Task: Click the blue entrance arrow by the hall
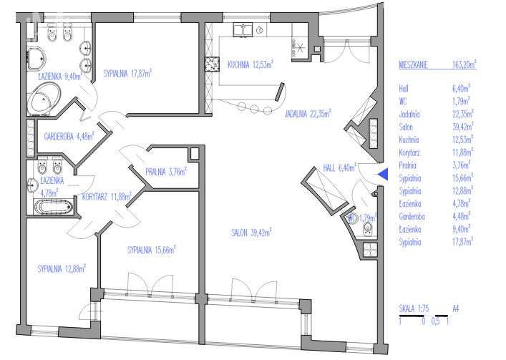pos(383,174)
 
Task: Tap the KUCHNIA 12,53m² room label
pos(250,64)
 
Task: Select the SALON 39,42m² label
pos(251,233)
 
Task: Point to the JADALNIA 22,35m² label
pos(308,114)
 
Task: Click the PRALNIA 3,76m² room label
pos(166,172)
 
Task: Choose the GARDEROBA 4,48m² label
pos(69,136)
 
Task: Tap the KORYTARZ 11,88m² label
pos(107,196)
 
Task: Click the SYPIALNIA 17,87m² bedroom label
pos(127,73)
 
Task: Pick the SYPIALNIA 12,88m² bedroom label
pos(62,268)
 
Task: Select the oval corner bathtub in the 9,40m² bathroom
pos(44,98)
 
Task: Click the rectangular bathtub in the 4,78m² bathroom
pos(54,207)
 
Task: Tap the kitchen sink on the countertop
pos(243,29)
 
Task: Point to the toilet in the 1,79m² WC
pos(368,228)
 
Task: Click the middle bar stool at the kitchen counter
pos(255,109)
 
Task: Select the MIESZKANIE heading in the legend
pos(413,65)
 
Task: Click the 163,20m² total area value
pos(464,64)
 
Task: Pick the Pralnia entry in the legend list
pos(407,165)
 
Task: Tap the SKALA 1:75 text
pos(414,308)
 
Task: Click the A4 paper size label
pos(455,308)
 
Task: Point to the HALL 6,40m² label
pos(339,167)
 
